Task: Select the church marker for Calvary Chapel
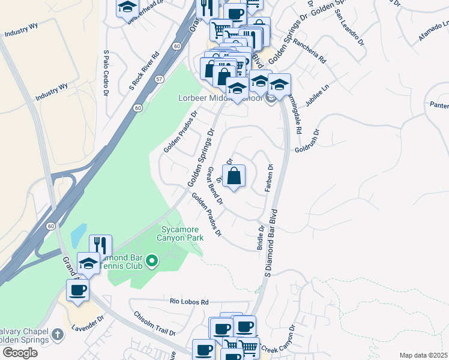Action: pyautogui.click(x=57, y=334)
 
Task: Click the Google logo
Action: pyautogui.click(x=20, y=353)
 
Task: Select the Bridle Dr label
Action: pyautogui.click(x=261, y=238)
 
